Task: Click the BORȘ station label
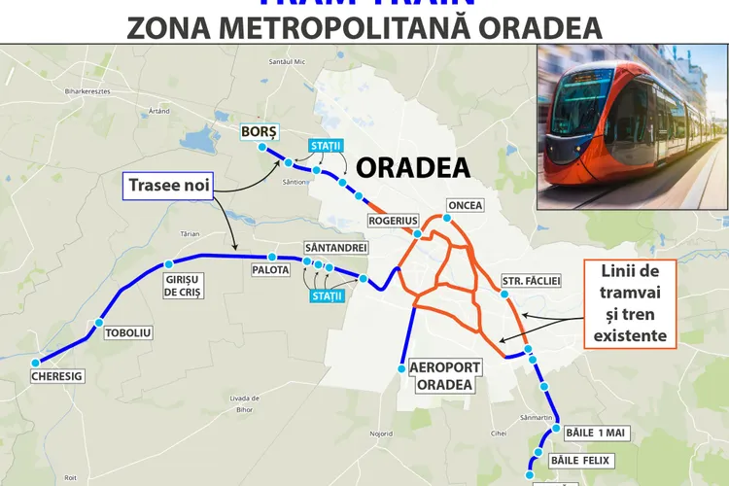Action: pos(260,131)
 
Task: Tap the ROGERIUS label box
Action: pos(393,221)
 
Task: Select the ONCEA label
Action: pos(465,206)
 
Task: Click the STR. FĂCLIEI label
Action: pos(531,281)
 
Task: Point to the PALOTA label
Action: pos(270,269)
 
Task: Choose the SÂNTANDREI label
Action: pos(335,248)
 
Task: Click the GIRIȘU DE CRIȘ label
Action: pos(182,285)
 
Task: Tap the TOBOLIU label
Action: pos(128,332)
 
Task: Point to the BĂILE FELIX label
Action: pos(582,460)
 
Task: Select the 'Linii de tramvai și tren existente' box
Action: pos(630,304)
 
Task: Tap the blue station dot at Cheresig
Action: pos(35,363)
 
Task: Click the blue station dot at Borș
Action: pos(262,148)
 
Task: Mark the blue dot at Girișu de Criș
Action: pos(169,263)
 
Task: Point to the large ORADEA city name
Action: pos(413,168)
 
